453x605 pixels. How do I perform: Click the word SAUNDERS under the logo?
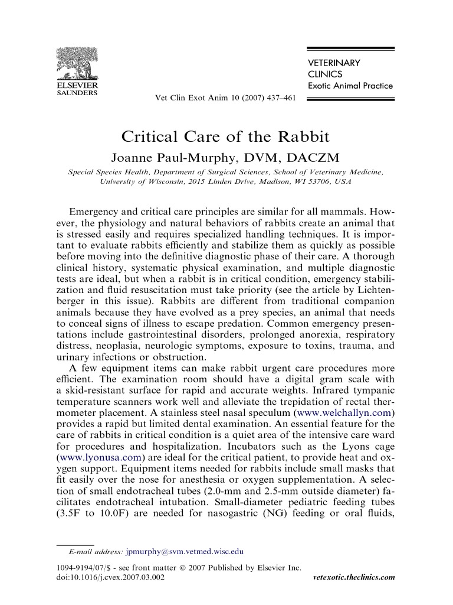tap(77, 93)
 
